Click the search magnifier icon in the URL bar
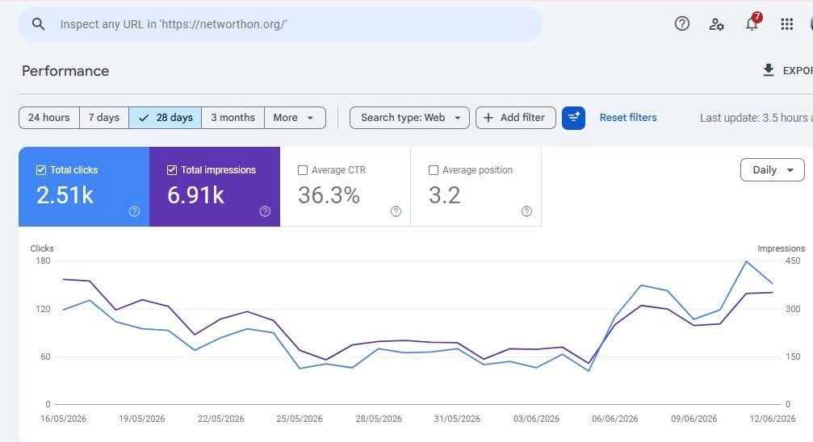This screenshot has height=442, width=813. (x=38, y=24)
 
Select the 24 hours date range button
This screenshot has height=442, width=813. (x=48, y=118)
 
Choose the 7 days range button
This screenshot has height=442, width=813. (x=103, y=118)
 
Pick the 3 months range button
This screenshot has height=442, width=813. (x=233, y=118)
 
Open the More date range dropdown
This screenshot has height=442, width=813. (x=295, y=118)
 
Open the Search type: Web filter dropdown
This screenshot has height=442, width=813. (x=409, y=118)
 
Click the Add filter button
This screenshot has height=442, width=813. (x=515, y=118)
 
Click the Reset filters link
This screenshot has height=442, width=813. (x=628, y=118)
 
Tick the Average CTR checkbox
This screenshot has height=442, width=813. (x=303, y=170)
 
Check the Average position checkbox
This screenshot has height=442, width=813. (x=434, y=170)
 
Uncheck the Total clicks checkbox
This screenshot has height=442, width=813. (x=41, y=170)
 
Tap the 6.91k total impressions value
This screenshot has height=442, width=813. (x=195, y=195)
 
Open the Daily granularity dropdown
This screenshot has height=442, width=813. (x=773, y=170)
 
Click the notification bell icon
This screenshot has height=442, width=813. (x=752, y=23)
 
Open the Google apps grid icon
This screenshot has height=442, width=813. (x=786, y=24)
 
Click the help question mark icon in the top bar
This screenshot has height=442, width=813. (x=682, y=23)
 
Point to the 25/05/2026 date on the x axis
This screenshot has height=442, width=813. (x=300, y=419)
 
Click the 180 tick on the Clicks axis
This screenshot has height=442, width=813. (x=43, y=261)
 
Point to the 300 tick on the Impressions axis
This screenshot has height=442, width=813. (x=793, y=309)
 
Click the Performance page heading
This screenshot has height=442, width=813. (x=65, y=71)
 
